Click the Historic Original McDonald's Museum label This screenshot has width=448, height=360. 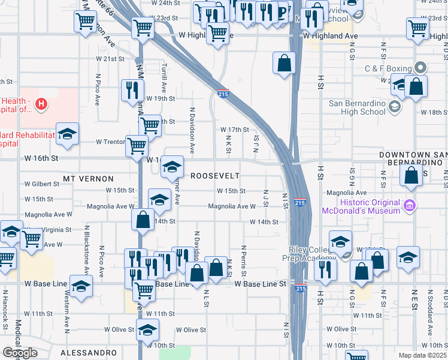point(361,206)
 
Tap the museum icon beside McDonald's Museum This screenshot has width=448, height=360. point(410,206)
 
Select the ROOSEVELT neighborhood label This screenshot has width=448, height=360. point(215,176)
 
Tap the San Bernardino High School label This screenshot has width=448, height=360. point(357,107)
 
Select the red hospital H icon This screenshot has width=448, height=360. point(41,104)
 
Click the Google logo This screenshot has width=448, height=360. point(19,353)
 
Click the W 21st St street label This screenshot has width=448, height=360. point(110,59)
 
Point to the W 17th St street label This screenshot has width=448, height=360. point(234,130)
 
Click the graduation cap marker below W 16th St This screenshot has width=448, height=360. point(172,169)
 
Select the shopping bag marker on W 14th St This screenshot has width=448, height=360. point(143,220)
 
